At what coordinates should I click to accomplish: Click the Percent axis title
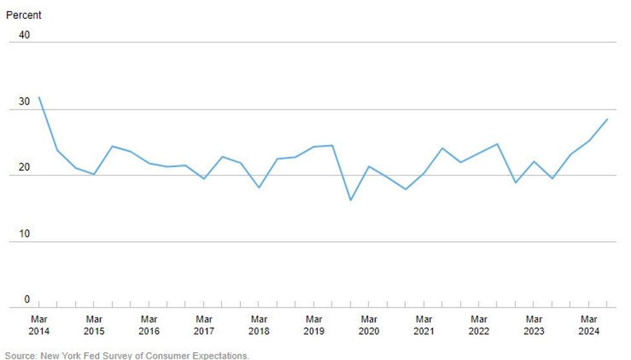[x=23, y=15]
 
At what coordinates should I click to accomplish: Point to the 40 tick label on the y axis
[x=24, y=35]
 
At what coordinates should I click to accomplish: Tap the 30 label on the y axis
[x=24, y=102]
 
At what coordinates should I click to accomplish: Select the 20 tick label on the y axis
[x=24, y=168]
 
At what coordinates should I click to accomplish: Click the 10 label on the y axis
[x=24, y=234]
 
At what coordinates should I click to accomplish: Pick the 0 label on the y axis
[x=27, y=299]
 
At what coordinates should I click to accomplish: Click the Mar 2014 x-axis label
[x=39, y=325]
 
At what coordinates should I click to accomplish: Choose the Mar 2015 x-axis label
[x=94, y=325]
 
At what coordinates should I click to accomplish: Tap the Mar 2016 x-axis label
[x=149, y=325]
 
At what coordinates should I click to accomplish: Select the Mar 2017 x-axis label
[x=204, y=325]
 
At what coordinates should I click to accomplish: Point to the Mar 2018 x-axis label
[x=259, y=325]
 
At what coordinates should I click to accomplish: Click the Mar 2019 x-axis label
[x=314, y=325]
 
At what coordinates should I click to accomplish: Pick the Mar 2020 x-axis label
[x=369, y=325]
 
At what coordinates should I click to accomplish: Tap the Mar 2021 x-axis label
[x=424, y=325]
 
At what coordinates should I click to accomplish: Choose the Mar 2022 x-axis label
[x=479, y=325]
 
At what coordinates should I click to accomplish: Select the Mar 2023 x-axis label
[x=534, y=325]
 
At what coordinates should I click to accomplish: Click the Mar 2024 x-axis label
[x=589, y=325]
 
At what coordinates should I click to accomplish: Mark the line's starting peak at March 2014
[x=39, y=98]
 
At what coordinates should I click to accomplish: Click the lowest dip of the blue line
[x=351, y=200]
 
